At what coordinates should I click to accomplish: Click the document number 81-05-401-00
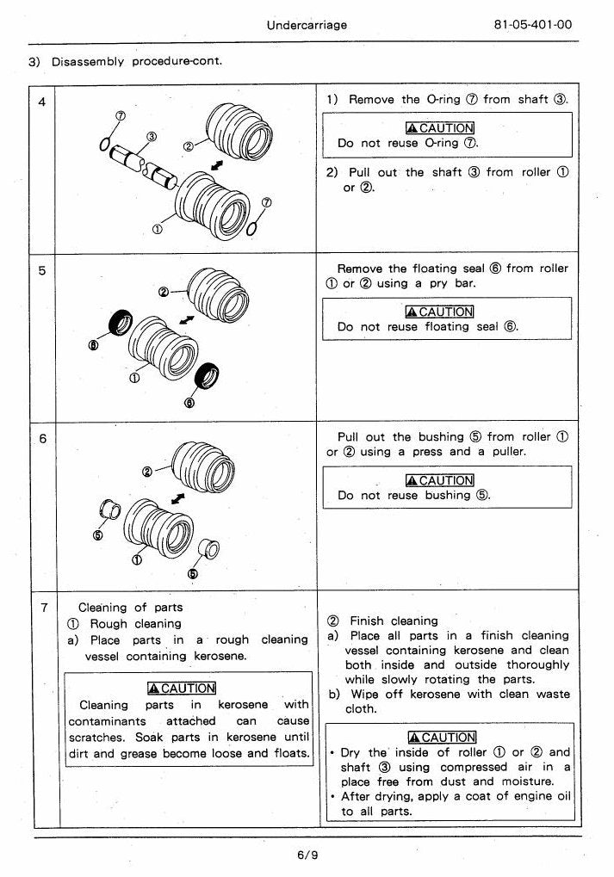[x=533, y=25]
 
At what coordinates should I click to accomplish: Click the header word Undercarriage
[x=307, y=25]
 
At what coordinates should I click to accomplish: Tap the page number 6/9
[x=307, y=855]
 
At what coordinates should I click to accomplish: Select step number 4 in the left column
[x=42, y=102]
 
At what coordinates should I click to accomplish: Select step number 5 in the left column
[x=42, y=271]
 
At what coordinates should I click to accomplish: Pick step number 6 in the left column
[x=42, y=439]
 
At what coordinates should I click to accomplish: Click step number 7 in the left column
[x=44, y=608]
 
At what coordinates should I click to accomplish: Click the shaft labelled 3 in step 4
[x=143, y=165]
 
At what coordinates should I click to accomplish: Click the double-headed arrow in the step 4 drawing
[x=217, y=166]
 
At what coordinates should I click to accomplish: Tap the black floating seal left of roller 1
[x=121, y=323]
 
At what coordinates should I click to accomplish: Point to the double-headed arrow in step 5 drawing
[x=186, y=320]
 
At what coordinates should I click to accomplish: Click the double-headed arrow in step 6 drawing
[x=178, y=497]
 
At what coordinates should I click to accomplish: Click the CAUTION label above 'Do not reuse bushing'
[x=440, y=480]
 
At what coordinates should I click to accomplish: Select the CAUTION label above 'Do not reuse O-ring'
[x=440, y=128]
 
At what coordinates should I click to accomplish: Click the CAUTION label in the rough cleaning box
[x=182, y=689]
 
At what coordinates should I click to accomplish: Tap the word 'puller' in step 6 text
[x=509, y=451]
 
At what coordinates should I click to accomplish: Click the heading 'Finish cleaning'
[x=394, y=621]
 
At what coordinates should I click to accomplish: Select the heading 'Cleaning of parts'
[x=130, y=608]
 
